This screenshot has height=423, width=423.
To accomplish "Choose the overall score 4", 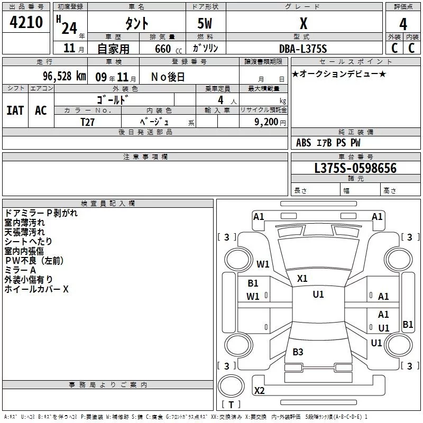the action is [403, 24].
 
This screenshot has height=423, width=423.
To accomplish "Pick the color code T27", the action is [87, 122].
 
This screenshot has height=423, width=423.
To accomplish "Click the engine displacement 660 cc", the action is [162, 49].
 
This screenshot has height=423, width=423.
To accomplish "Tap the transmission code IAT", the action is [15, 110].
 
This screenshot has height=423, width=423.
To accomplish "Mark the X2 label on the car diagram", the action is [259, 391].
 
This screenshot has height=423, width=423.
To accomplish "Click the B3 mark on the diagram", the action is [298, 352].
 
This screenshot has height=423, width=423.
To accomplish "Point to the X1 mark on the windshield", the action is [302, 278].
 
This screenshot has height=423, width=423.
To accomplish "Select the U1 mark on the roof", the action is [318, 295].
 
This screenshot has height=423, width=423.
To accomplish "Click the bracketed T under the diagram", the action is [231, 404].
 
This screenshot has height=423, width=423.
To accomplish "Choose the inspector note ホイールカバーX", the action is [36, 289].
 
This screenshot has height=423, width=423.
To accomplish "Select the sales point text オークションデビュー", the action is [339, 74].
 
